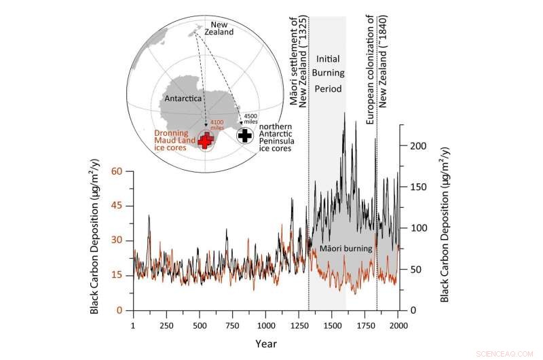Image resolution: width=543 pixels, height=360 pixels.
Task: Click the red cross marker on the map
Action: point(204,140)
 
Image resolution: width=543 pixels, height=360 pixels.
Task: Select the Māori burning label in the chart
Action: point(346,249)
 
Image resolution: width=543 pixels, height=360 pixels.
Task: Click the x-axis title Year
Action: point(267,344)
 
